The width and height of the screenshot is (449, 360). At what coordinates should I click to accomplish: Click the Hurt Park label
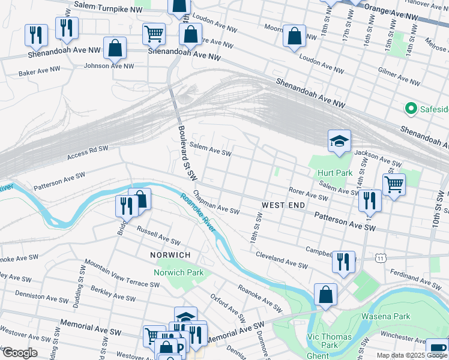[335, 173]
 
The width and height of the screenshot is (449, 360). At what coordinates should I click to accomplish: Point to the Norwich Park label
[179, 272]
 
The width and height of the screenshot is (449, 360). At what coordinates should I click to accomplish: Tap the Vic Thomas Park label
[330, 341]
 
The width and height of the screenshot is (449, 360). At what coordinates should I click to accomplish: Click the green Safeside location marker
[411, 109]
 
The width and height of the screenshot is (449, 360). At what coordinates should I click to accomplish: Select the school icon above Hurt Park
[339, 142]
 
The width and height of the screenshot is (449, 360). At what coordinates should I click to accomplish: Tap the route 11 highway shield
[381, 258]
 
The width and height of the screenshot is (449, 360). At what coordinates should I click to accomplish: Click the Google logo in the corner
[20, 353]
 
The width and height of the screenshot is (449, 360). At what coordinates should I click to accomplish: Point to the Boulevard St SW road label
[187, 152]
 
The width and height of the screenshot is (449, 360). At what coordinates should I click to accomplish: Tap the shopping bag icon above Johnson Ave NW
[114, 48]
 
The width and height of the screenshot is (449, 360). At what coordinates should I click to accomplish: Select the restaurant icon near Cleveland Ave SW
[343, 262]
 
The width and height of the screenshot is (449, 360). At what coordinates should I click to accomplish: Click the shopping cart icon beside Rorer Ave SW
[394, 184]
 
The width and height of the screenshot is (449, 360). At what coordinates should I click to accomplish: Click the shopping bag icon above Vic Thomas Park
[325, 295]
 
